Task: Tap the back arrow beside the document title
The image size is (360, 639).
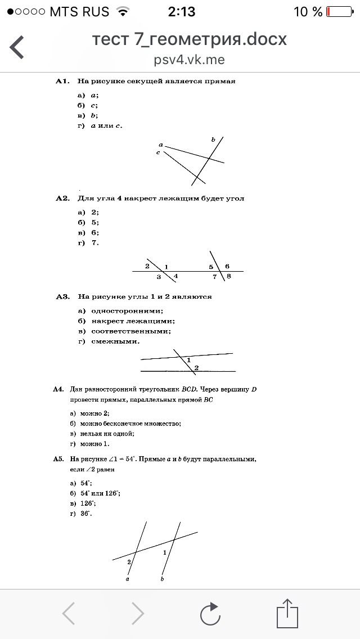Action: [x=17, y=47]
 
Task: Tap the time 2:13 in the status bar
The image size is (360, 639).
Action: [x=180, y=11]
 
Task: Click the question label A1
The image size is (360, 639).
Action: [x=62, y=81]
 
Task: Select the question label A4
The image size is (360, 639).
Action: [x=58, y=389]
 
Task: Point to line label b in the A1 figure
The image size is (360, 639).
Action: [x=213, y=139]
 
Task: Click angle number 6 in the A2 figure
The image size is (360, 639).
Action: [x=227, y=266]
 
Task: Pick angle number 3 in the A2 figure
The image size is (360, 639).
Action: [x=159, y=277]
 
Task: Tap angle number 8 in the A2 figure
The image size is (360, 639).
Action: [x=229, y=276]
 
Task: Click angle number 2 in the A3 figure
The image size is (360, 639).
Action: [x=196, y=368]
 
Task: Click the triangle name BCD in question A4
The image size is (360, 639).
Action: [x=188, y=389]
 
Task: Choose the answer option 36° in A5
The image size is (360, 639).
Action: [x=85, y=514]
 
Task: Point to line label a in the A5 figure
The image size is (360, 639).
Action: [x=128, y=578]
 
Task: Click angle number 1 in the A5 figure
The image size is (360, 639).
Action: [x=165, y=552]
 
